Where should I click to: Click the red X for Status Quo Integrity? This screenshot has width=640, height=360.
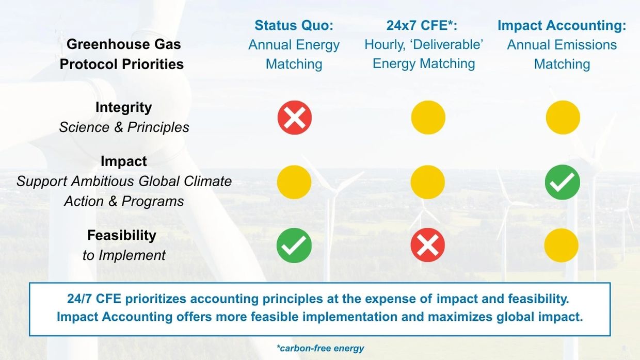tap(295, 118)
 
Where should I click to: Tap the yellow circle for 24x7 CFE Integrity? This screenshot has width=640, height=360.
tap(428, 118)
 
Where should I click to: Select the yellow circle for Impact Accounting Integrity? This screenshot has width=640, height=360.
tap(563, 118)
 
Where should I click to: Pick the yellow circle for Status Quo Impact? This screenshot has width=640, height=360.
tap(294, 182)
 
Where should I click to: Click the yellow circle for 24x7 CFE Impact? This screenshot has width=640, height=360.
tap(428, 182)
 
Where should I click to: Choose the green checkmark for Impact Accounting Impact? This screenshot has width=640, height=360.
tap(562, 182)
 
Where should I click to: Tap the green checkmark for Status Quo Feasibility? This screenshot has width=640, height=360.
tap(294, 246)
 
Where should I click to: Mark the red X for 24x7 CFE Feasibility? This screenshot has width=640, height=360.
tap(428, 245)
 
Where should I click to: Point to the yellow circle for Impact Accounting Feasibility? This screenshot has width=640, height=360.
tap(562, 245)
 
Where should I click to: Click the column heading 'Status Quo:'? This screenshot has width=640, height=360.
tap(294, 25)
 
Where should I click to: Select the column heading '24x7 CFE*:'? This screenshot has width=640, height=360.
tap(422, 25)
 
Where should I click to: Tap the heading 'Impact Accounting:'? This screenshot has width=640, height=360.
tap(562, 25)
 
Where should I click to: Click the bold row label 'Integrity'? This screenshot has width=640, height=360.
tap(124, 108)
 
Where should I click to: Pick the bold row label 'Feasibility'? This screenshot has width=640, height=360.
tap(122, 235)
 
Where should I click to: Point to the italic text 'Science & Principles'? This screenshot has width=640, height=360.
tap(124, 127)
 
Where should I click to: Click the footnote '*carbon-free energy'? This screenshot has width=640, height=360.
tap(321, 348)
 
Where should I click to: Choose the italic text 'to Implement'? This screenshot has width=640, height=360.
tap(124, 255)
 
